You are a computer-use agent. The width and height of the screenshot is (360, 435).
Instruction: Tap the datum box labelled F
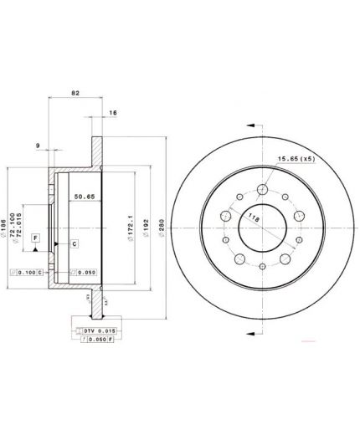(36, 238)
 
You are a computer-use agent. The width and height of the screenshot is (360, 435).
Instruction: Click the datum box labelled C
(74, 243)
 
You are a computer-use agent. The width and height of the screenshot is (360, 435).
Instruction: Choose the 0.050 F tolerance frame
(95, 341)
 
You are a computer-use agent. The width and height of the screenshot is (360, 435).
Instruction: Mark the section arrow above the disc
(249, 125)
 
